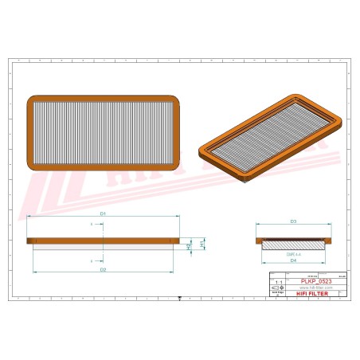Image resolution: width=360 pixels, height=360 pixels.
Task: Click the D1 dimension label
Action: (x=104, y=214)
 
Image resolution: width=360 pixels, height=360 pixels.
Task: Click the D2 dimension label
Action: (x=104, y=271)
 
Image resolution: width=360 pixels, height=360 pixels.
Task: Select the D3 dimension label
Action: (x=293, y=221)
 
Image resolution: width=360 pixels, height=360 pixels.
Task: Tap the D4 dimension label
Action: (x=293, y=260)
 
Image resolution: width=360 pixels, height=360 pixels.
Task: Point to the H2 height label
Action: (x=190, y=247)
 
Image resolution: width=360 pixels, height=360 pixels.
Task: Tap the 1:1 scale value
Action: (x=276, y=283)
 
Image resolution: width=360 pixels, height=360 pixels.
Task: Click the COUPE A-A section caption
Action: (x=293, y=252)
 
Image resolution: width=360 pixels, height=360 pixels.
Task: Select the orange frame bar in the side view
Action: (x=104, y=241)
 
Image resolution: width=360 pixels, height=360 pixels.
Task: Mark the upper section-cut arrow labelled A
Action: (x=92, y=225)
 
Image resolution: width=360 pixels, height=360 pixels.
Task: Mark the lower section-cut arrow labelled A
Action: (x=92, y=260)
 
